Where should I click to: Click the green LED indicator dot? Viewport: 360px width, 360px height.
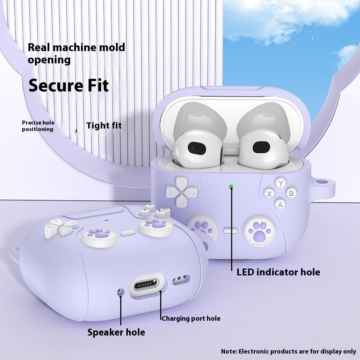pos(231,186)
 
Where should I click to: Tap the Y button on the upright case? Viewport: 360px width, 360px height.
pos(280,183)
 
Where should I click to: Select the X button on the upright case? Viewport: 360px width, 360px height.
pos(270,194)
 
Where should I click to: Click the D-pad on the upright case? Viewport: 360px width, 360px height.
pos(181,192)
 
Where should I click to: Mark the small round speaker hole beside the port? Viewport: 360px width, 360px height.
pos(120,292)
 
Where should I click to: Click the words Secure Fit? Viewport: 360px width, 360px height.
pos(68,85)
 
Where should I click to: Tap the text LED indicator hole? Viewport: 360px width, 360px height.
pos(278,272)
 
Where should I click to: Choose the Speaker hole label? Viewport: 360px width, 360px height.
pos(116,332)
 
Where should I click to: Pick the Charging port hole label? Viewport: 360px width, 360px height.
pos(191,319)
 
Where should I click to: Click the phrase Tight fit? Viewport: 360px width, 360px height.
pos(104,125)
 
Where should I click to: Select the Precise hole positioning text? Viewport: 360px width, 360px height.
pos(38,126)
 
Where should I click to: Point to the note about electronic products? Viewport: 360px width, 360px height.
pos(288,351)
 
